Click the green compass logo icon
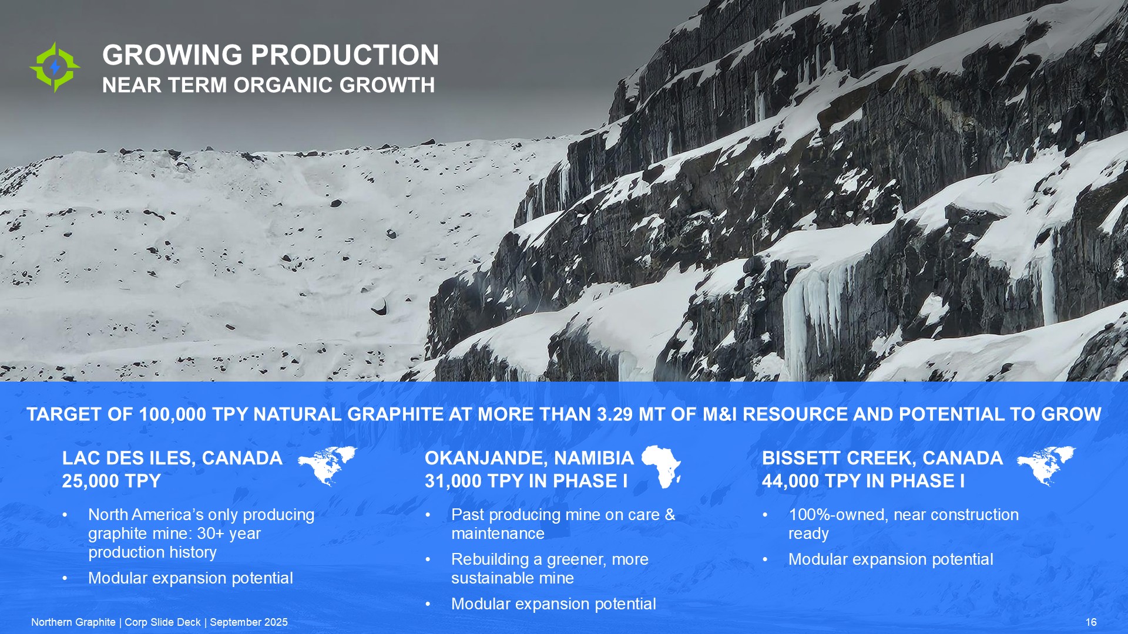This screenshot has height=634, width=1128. (x=55, y=67)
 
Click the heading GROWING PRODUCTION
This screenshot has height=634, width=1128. (x=270, y=55)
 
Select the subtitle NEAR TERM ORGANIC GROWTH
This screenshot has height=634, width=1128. (x=268, y=85)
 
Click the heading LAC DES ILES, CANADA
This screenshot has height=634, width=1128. (x=172, y=458)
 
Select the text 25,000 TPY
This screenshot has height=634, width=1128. (x=111, y=481)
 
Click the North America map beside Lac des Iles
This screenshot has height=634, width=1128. (x=327, y=466)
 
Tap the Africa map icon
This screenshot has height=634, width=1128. (x=661, y=467)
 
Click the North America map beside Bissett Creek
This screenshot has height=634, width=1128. (x=1046, y=466)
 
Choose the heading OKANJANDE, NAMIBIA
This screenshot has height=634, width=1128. (x=529, y=458)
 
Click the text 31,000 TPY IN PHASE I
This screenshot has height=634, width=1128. (x=526, y=481)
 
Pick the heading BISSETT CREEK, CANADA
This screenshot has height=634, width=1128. (x=882, y=458)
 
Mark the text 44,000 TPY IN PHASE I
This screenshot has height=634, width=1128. (x=864, y=481)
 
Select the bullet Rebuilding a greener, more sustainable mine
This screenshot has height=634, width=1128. (x=550, y=568)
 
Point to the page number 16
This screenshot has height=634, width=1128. (x=1091, y=622)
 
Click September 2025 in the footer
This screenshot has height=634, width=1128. (x=249, y=622)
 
